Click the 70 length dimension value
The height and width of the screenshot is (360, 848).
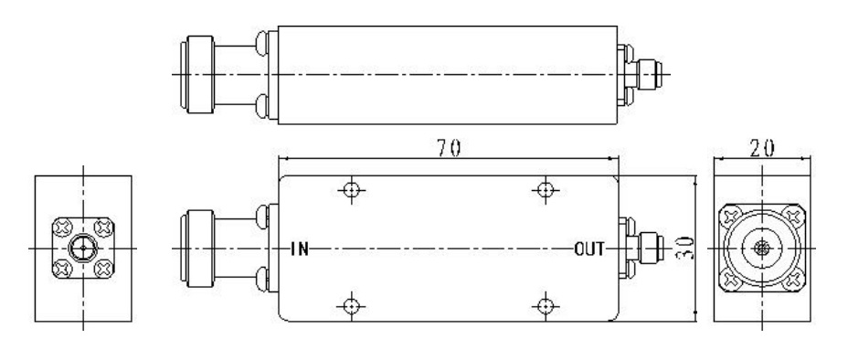coord(448,150)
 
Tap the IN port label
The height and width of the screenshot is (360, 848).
coord(298,249)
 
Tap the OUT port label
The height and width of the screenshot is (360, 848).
coord(588,249)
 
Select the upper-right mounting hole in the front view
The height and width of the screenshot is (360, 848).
coord(545,190)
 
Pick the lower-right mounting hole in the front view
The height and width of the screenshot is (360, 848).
coord(545,304)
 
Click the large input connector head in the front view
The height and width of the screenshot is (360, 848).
coord(198,249)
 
